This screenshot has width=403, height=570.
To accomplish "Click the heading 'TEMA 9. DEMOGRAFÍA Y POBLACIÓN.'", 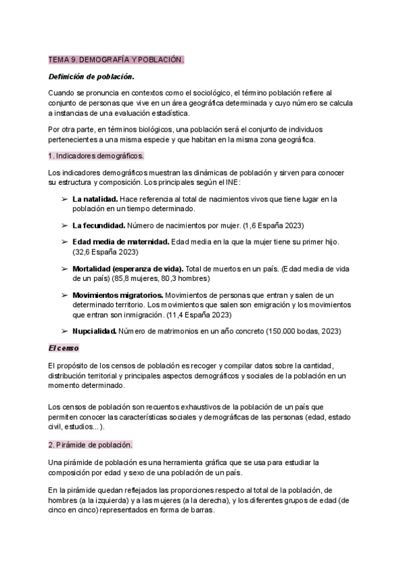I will coord(116,60).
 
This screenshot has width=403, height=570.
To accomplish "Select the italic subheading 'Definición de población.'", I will coord(91,77).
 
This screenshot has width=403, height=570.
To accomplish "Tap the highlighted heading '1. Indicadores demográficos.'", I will coord(96,156).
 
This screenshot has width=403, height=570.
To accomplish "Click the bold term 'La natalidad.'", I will coord(95,199).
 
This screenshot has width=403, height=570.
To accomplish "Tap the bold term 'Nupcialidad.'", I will coord(94,331).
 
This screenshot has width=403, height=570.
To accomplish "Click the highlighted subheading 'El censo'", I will coord(64,348).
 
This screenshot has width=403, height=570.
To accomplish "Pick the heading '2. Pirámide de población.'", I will coord(91,445).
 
